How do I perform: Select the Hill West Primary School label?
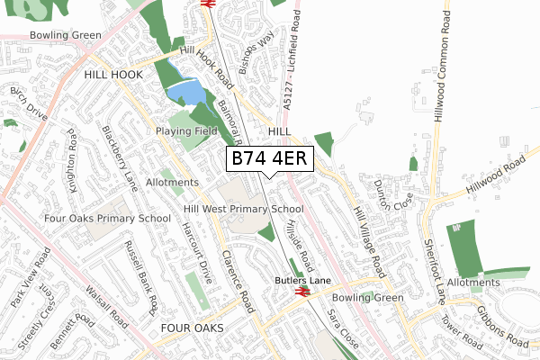(243, 209)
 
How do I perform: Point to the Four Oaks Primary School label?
(107, 218)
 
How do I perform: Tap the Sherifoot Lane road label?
(436, 263)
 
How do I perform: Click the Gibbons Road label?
(503, 330)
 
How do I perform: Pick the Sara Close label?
(342, 331)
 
